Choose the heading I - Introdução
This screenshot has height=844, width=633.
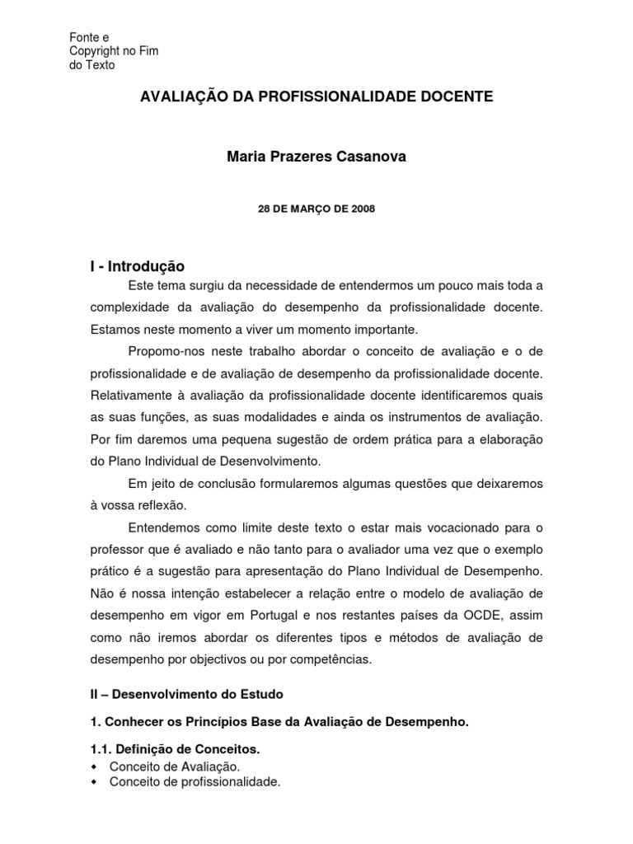pos(138,266)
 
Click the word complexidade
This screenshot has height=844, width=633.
pos(131,307)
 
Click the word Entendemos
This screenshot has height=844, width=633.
pos(165,527)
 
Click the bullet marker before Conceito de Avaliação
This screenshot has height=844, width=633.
pos(93,767)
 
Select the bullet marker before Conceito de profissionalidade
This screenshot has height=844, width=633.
pos(93,782)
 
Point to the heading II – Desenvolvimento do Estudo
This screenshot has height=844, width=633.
pos(186,694)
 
